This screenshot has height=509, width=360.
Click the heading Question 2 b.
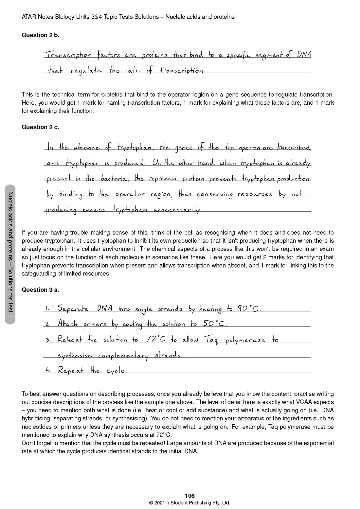pyautogui.click(x=41, y=35)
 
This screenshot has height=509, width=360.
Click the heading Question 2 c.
pyautogui.click(x=40, y=127)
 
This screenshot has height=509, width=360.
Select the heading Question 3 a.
pyautogui.click(x=40, y=290)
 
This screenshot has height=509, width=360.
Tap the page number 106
pyautogui.click(x=189, y=496)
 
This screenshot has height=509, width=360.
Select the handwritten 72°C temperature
pyautogui.click(x=155, y=339)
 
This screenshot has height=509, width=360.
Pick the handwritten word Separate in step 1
pyautogui.click(x=73, y=308)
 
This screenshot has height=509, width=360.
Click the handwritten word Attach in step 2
pyautogui.click(x=68, y=324)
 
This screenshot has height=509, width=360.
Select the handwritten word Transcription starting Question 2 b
pyautogui.click(x=69, y=55)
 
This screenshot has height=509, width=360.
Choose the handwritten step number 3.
pyautogui.click(x=48, y=340)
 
